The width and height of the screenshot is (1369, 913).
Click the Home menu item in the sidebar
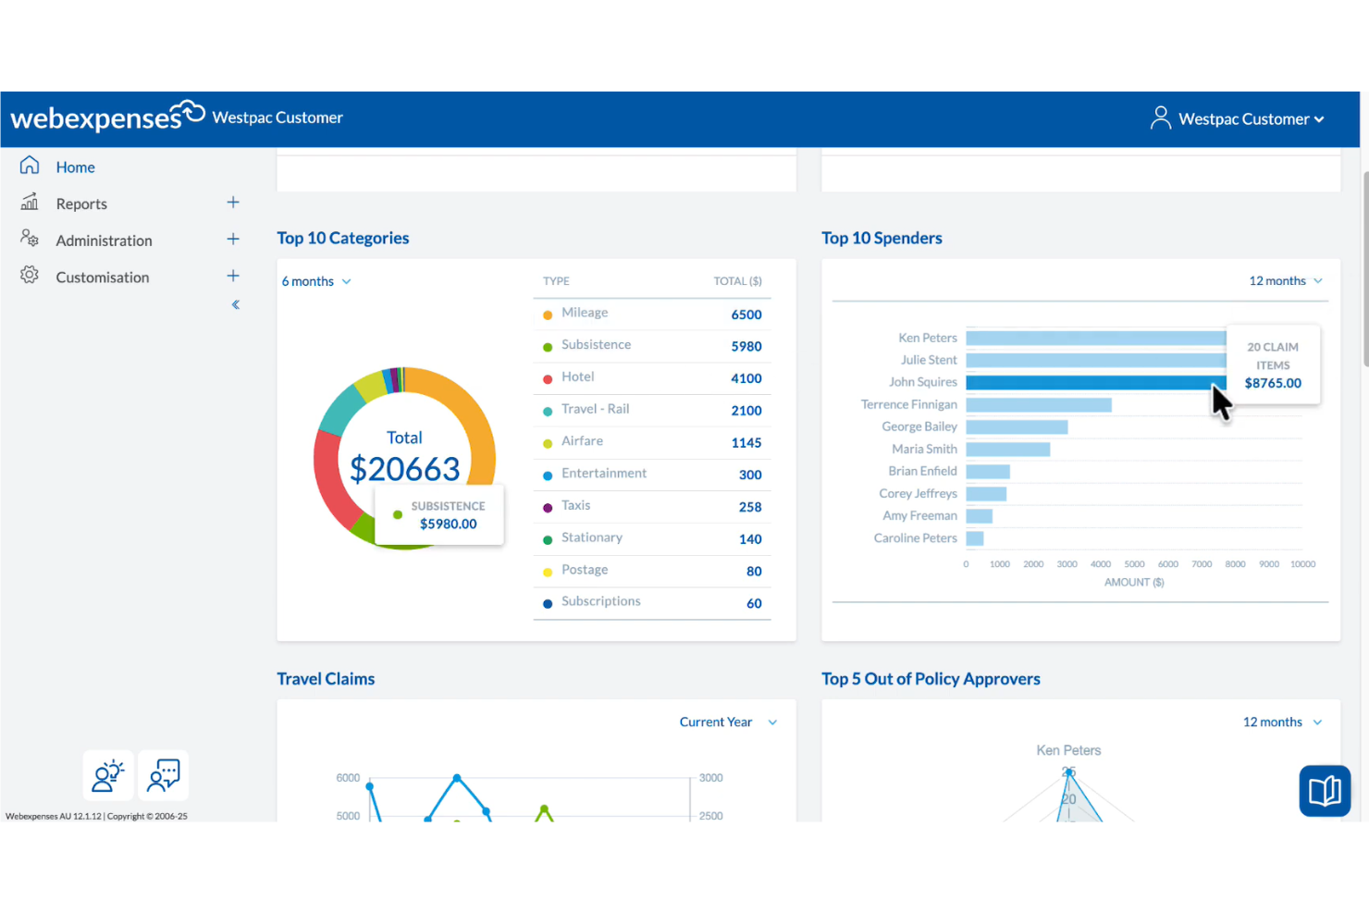pos(75,167)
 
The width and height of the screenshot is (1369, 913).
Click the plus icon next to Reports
pos(233,203)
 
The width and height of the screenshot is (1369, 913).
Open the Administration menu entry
pos(104,241)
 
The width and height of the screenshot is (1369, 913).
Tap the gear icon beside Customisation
pos(30,276)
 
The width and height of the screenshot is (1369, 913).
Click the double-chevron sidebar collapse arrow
pos(236,304)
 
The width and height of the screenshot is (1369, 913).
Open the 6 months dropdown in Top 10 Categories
pos(316,281)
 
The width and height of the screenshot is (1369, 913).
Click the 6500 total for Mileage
pos(746,315)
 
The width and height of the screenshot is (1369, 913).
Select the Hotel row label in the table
pos(577,376)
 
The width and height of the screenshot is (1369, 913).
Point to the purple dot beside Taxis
pos(548,508)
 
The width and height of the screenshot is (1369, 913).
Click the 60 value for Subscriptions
pos(754,603)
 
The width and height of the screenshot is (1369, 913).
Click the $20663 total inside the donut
pos(404,469)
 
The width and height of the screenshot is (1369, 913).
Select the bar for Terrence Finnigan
pos(1038,405)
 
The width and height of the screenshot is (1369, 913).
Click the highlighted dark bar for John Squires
pos(1091,382)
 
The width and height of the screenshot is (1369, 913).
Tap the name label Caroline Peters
pos(915,538)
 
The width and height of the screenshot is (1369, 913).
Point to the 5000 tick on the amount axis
pos(1134,564)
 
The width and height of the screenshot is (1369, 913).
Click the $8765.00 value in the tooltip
pos(1273,383)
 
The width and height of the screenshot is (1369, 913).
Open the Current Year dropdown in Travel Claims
pos(727,722)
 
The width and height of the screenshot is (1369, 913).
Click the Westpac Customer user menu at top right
pos(1238,119)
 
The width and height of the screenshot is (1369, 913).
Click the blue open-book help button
pos(1325,791)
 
